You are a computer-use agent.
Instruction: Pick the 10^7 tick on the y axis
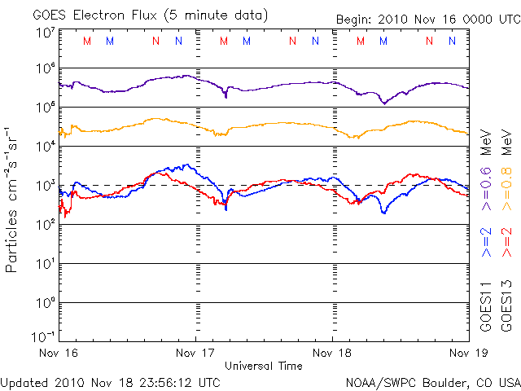45,32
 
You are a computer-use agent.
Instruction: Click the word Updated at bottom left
24,381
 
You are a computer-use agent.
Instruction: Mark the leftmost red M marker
88,41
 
